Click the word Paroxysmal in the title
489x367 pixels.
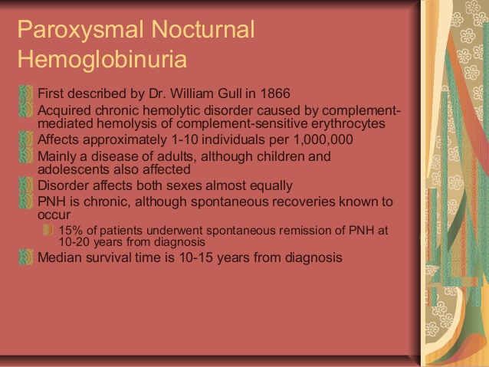80,31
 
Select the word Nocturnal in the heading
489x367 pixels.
203,29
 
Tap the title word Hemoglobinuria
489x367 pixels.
102,59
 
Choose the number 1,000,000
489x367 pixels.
323,139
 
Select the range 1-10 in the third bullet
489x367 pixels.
185,139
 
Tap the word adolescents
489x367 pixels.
73,169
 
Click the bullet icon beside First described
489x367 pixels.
25,93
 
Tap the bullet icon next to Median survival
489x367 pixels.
25,257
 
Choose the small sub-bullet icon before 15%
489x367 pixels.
48,230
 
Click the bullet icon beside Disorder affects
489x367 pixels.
25,185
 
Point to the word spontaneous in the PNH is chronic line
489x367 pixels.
229,202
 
